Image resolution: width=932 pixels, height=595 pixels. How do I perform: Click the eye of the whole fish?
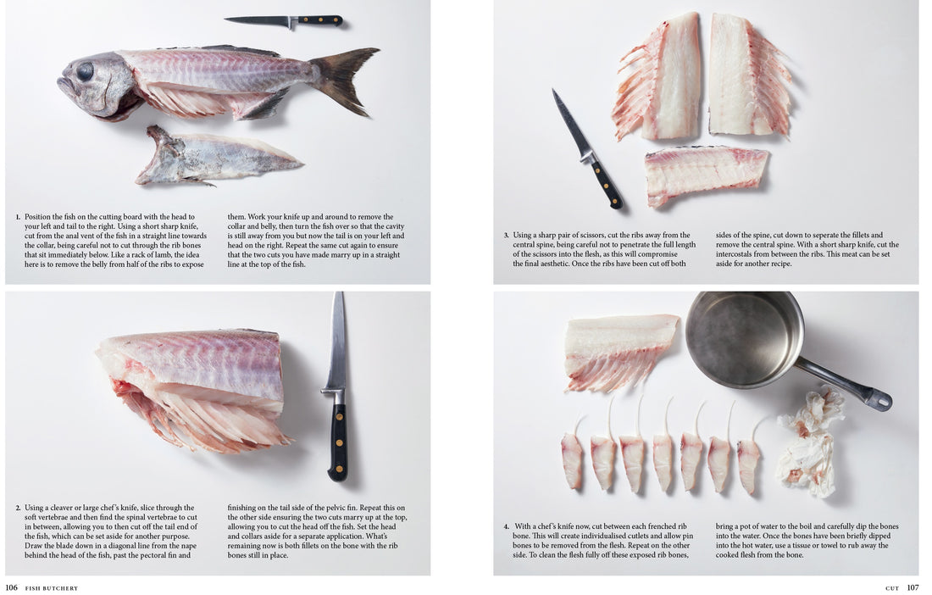[x=85, y=72]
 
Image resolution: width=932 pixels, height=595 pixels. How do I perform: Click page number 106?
[x=11, y=587]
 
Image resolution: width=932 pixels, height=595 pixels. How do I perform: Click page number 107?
[x=913, y=587]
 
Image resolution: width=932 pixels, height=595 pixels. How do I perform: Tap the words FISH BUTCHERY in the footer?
[x=52, y=587]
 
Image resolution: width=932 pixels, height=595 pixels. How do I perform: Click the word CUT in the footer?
[x=891, y=587]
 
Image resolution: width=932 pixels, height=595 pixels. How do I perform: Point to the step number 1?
[x=18, y=217]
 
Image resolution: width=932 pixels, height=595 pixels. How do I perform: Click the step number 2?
[x=18, y=508]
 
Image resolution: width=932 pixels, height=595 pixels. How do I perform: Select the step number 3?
[x=506, y=236]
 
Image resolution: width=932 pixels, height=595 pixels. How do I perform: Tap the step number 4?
[x=506, y=526]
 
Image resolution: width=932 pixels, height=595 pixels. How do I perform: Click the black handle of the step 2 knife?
[x=337, y=440]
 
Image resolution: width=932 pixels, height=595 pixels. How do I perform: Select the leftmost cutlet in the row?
[x=573, y=459]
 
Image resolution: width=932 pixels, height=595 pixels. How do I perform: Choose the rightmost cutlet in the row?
[x=748, y=464]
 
